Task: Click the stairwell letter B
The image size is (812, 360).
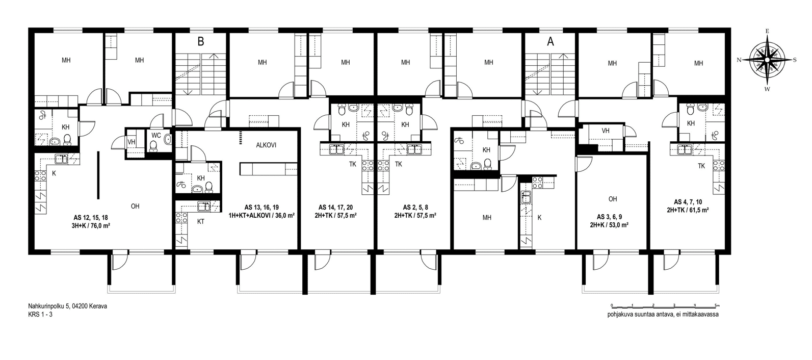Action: pos(200,42)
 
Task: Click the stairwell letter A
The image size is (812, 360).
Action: pos(551,42)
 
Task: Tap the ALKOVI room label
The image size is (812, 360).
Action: pos(266,145)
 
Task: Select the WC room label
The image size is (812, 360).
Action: pos(156,135)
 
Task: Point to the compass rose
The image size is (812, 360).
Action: pos(767,60)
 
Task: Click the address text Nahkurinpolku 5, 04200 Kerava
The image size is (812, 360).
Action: pos(67,306)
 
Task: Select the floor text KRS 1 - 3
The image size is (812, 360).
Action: pos(40,314)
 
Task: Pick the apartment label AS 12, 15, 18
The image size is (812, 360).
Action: pos(91,218)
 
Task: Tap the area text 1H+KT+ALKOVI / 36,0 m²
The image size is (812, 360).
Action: pos(261,215)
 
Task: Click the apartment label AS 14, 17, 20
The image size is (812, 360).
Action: pos(336,208)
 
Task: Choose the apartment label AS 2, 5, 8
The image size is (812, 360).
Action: pos(415,208)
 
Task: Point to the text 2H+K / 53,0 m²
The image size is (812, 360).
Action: pos(609,225)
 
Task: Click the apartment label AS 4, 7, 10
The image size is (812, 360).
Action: pos(688,202)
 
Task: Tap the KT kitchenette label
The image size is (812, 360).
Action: pos(200,221)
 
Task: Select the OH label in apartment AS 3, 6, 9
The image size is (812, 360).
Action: pos(613,199)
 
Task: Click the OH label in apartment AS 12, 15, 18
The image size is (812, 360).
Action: pos(135,207)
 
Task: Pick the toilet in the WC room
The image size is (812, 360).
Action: pos(153,146)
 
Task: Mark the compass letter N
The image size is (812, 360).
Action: pos(739,60)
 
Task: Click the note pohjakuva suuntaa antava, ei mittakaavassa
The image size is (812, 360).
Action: pos(663,314)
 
